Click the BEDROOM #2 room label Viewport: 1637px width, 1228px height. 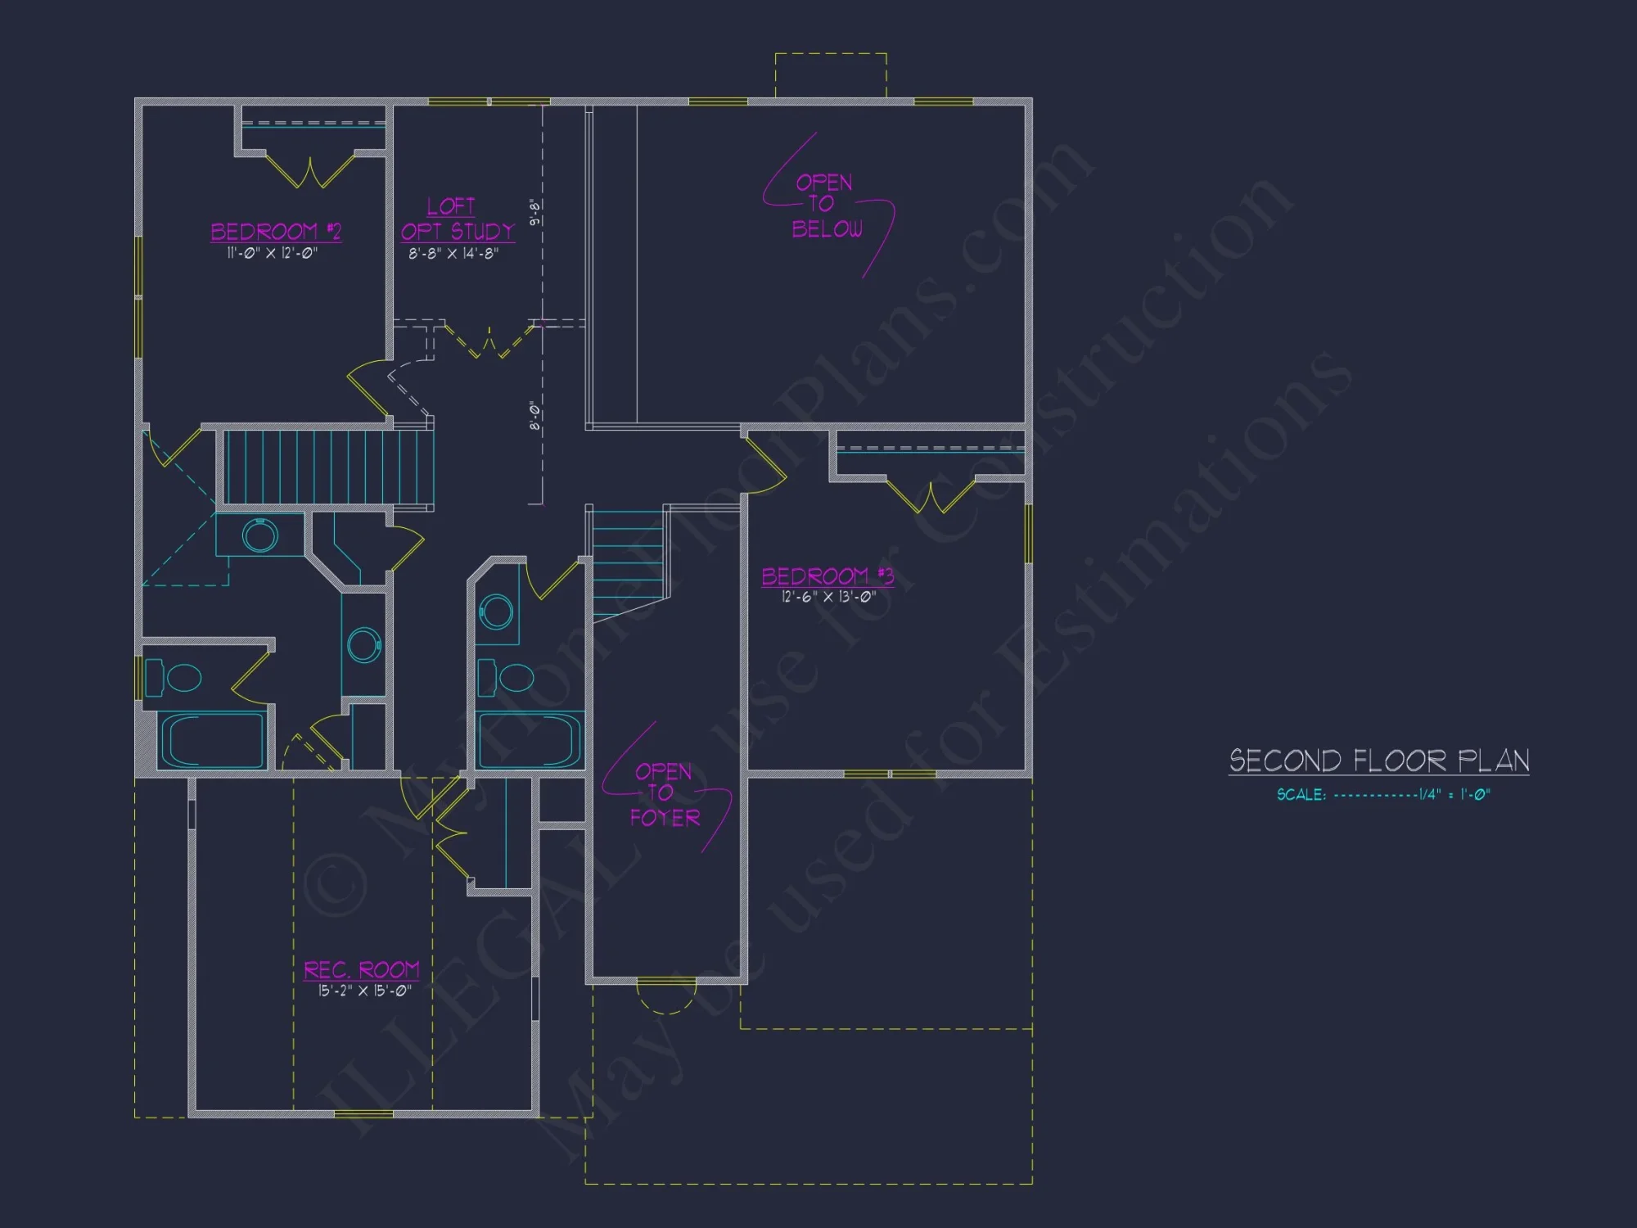click(x=275, y=232)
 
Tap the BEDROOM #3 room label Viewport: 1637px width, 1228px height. click(x=827, y=576)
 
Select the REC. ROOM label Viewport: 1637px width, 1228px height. click(x=361, y=970)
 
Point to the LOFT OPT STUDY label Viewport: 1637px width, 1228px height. click(x=457, y=219)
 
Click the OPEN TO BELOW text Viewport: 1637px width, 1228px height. click(x=826, y=205)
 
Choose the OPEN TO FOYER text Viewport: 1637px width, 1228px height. click(x=665, y=794)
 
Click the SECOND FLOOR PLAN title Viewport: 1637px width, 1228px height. click(x=1378, y=761)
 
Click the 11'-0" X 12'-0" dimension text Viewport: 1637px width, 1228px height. click(x=272, y=254)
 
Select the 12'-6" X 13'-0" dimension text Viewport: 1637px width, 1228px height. click(x=828, y=597)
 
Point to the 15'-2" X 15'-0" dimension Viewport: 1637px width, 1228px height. click(x=364, y=991)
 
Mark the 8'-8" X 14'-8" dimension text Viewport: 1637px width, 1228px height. click(x=453, y=254)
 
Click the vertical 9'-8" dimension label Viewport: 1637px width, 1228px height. click(x=535, y=212)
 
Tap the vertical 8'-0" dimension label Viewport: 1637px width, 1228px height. click(x=535, y=416)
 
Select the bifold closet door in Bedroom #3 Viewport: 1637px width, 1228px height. click(x=931, y=496)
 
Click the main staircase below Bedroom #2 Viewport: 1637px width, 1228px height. click(x=327, y=467)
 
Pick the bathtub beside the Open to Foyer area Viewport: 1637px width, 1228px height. click(x=530, y=740)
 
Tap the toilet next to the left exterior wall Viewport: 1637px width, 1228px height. click(x=175, y=678)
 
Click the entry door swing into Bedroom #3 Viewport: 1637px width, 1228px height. click(x=766, y=467)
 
